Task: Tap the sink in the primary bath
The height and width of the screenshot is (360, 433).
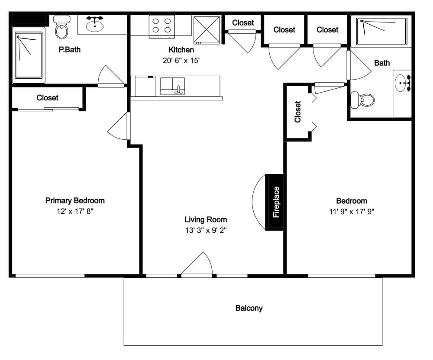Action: click(x=95, y=25)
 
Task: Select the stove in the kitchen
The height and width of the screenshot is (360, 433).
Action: click(x=162, y=26)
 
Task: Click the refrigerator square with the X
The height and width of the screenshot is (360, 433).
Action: click(x=207, y=30)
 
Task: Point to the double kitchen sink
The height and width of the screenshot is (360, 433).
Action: click(x=173, y=86)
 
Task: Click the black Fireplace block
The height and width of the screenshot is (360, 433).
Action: click(x=275, y=202)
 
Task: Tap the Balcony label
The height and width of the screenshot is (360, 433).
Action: click(x=249, y=308)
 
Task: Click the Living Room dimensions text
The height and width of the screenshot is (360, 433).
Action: click(x=206, y=230)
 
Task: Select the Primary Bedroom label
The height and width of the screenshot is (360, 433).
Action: click(x=75, y=200)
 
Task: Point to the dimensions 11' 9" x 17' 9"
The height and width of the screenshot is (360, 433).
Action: click(x=352, y=212)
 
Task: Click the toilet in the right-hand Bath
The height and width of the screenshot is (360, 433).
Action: click(x=362, y=100)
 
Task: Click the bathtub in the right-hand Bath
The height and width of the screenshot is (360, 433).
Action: click(x=381, y=32)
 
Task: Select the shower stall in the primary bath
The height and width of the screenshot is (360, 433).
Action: click(x=29, y=55)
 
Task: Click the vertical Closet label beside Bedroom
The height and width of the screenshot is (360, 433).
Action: click(x=297, y=112)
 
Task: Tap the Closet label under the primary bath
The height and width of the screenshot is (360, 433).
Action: click(x=48, y=98)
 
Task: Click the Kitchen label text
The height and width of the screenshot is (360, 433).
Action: click(x=181, y=50)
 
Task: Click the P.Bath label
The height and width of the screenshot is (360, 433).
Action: click(x=70, y=50)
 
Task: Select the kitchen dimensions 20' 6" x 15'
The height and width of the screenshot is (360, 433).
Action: click(x=181, y=61)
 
